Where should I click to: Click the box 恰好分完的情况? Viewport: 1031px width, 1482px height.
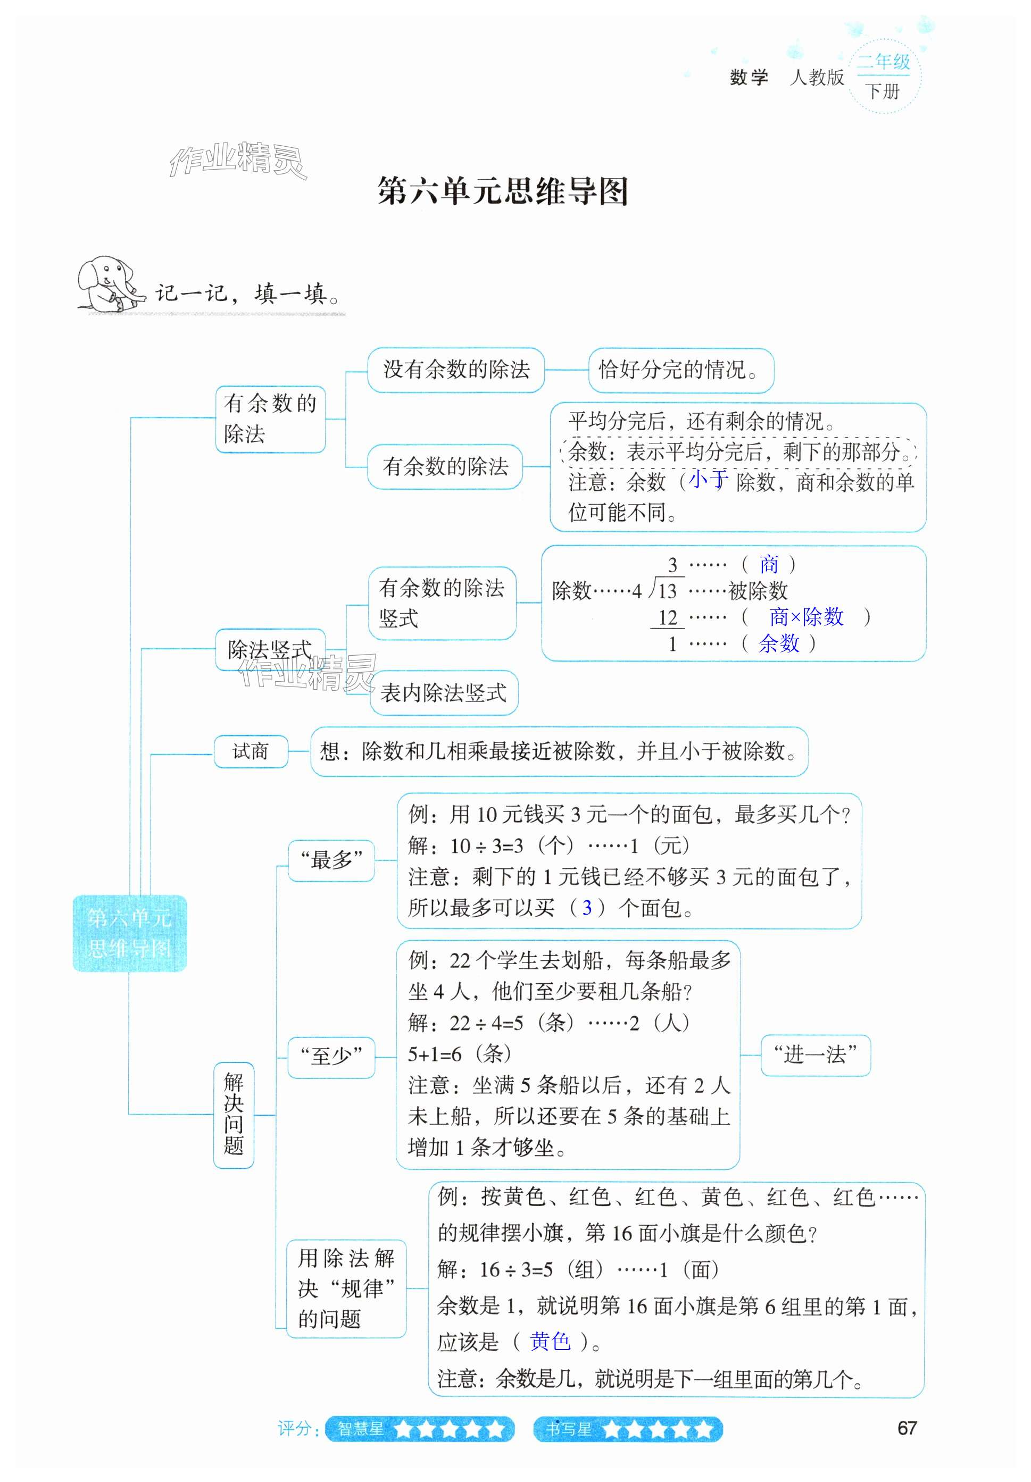680,371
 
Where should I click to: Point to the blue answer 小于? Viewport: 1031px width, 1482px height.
708,479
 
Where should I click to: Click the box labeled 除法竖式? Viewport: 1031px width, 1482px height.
270,649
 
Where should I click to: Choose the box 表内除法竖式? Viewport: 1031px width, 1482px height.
444,693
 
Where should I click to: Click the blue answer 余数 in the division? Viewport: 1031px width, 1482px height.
779,643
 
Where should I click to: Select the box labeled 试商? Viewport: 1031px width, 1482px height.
251,751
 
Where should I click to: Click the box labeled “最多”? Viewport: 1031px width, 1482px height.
331,860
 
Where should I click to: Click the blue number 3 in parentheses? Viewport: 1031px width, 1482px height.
586,908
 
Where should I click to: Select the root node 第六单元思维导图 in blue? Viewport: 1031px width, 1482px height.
129,933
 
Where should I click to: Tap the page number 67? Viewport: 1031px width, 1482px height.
907,1428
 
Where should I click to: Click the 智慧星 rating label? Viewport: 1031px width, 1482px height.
361,1429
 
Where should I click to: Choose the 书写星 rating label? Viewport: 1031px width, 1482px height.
569,1429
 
